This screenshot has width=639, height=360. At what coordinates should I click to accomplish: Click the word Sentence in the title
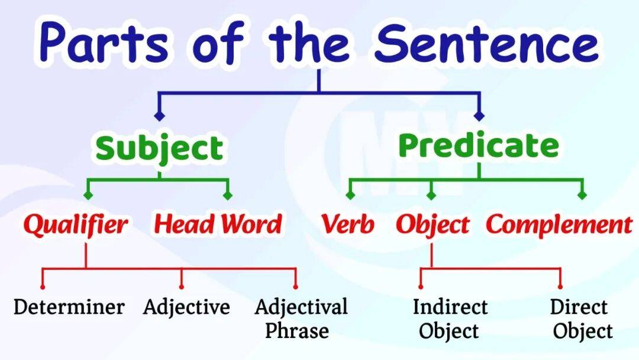[x=486, y=43]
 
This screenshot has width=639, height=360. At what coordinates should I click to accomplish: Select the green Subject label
[x=159, y=149]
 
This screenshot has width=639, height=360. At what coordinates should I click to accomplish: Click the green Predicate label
[x=479, y=145]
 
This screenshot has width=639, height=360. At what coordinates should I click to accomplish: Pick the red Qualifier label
[x=75, y=224]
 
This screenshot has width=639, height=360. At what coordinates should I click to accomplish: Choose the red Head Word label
[x=218, y=224]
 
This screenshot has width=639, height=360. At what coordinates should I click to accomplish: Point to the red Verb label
[x=348, y=224]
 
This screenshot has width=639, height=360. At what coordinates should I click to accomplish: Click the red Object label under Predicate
[x=433, y=225]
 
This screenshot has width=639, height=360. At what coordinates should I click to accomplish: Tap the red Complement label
[x=559, y=225]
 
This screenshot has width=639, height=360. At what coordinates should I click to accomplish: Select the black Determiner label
[x=69, y=307]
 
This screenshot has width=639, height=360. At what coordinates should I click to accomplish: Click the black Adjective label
[x=186, y=307]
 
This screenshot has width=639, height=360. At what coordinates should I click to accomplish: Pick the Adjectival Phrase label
[x=301, y=319]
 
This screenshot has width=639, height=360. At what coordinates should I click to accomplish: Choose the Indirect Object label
[x=450, y=319]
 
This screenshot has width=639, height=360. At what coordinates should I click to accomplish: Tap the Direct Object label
[x=581, y=319]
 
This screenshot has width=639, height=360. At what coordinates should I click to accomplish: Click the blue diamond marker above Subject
[x=159, y=116]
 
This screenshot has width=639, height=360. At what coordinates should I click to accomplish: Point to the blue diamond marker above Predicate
[x=479, y=116]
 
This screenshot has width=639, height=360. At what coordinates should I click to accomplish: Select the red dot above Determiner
[x=43, y=287]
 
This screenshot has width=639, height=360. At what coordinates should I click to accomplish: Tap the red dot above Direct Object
[x=560, y=287]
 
